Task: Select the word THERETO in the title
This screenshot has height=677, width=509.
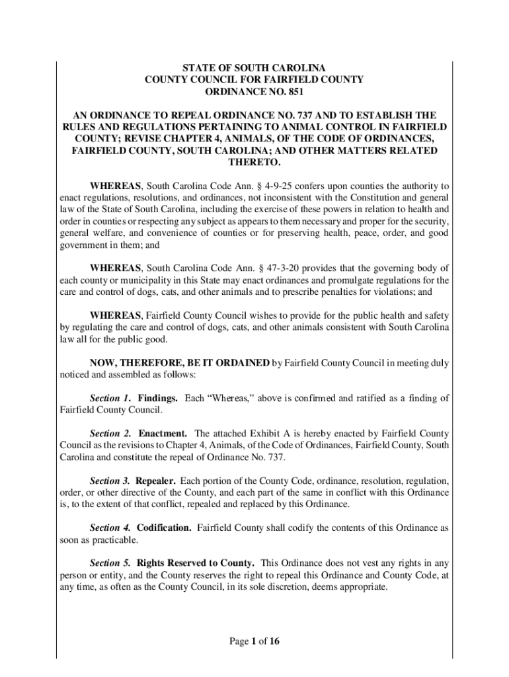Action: [254, 163]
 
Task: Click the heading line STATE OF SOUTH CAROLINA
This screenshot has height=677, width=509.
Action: [254, 67]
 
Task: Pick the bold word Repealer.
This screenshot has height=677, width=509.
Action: [155, 481]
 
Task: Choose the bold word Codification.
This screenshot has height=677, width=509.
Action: [164, 528]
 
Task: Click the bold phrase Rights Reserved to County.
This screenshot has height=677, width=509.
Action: [195, 563]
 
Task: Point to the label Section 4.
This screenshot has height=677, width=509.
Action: [110, 528]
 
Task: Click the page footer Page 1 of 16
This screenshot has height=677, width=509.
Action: [254, 640]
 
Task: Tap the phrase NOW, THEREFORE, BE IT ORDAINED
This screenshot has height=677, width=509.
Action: [180, 362]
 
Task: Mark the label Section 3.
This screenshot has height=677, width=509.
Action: [110, 481]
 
